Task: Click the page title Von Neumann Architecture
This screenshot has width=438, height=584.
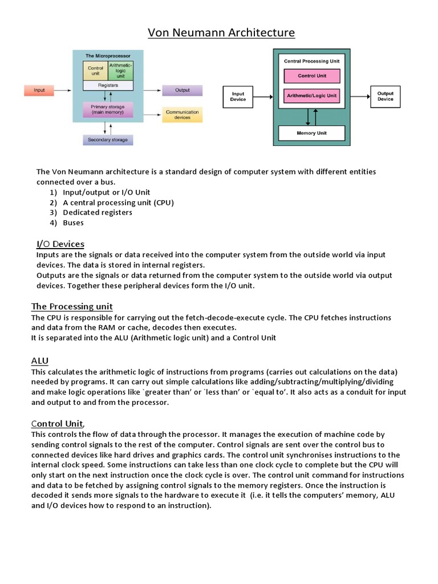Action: (221, 33)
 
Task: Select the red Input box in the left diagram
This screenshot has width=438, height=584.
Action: (39, 90)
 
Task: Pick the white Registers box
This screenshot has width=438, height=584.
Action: (108, 86)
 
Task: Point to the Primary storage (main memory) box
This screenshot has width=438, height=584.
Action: (108, 109)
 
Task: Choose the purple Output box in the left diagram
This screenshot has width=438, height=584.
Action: (182, 90)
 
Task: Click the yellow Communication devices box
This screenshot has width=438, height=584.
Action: (182, 115)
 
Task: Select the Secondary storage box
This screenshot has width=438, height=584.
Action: (108, 139)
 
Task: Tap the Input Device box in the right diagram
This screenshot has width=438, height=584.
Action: (238, 96)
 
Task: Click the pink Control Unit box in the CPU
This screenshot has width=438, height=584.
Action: (311, 76)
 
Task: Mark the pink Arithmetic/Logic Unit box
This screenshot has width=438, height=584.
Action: (311, 96)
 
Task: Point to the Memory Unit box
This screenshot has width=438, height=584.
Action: (311, 133)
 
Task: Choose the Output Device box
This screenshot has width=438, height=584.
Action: (386, 96)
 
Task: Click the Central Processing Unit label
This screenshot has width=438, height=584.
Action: (311, 60)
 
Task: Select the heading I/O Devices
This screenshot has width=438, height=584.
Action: (60, 244)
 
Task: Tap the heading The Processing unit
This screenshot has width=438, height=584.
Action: (72, 306)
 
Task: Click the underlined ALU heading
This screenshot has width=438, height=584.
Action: (39, 361)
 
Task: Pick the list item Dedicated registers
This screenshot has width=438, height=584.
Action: (98, 212)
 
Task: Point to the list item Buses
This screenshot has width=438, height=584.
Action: (73, 222)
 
